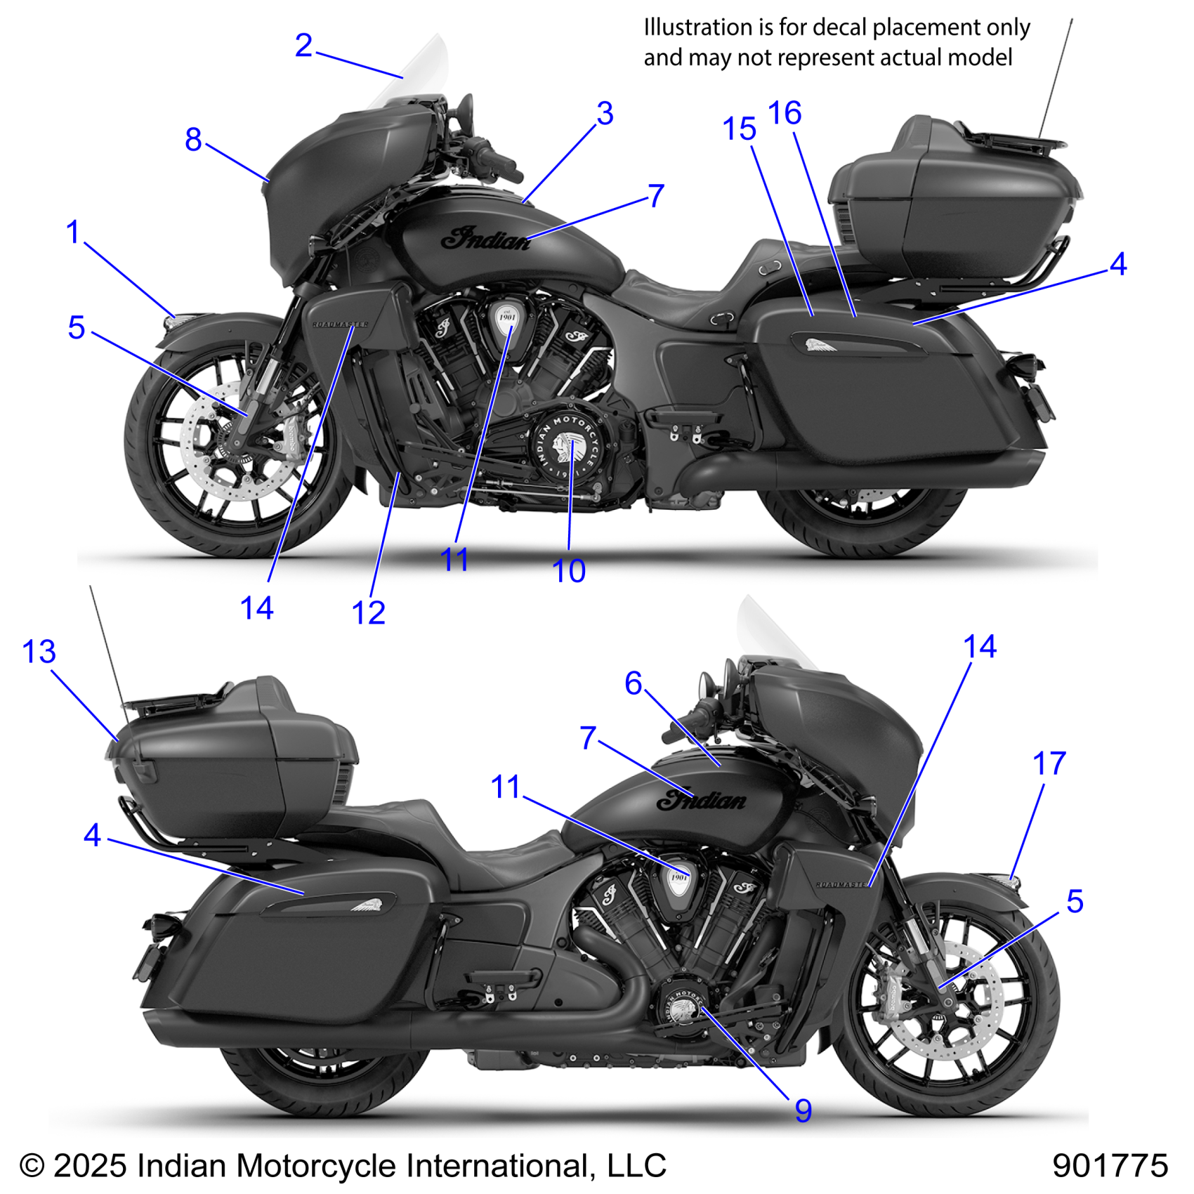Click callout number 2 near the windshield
coord(303,46)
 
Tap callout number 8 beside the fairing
coord(193,139)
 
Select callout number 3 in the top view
coord(605,113)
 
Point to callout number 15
coord(739,129)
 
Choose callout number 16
coord(785,113)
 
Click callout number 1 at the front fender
coord(73,232)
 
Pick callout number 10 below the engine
coord(569,571)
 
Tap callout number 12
coord(368,612)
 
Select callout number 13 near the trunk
coord(39,652)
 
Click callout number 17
coord(1049,763)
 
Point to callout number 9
coord(803,1110)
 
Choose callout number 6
coord(634,683)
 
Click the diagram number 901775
coord(1110,1166)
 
